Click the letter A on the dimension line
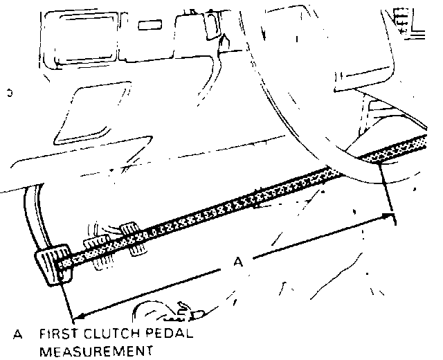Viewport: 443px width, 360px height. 237,262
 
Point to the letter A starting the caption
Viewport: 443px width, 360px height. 17,335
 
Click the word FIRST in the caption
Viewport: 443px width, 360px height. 59,335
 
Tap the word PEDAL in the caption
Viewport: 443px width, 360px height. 168,335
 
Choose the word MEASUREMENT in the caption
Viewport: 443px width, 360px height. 96,351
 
